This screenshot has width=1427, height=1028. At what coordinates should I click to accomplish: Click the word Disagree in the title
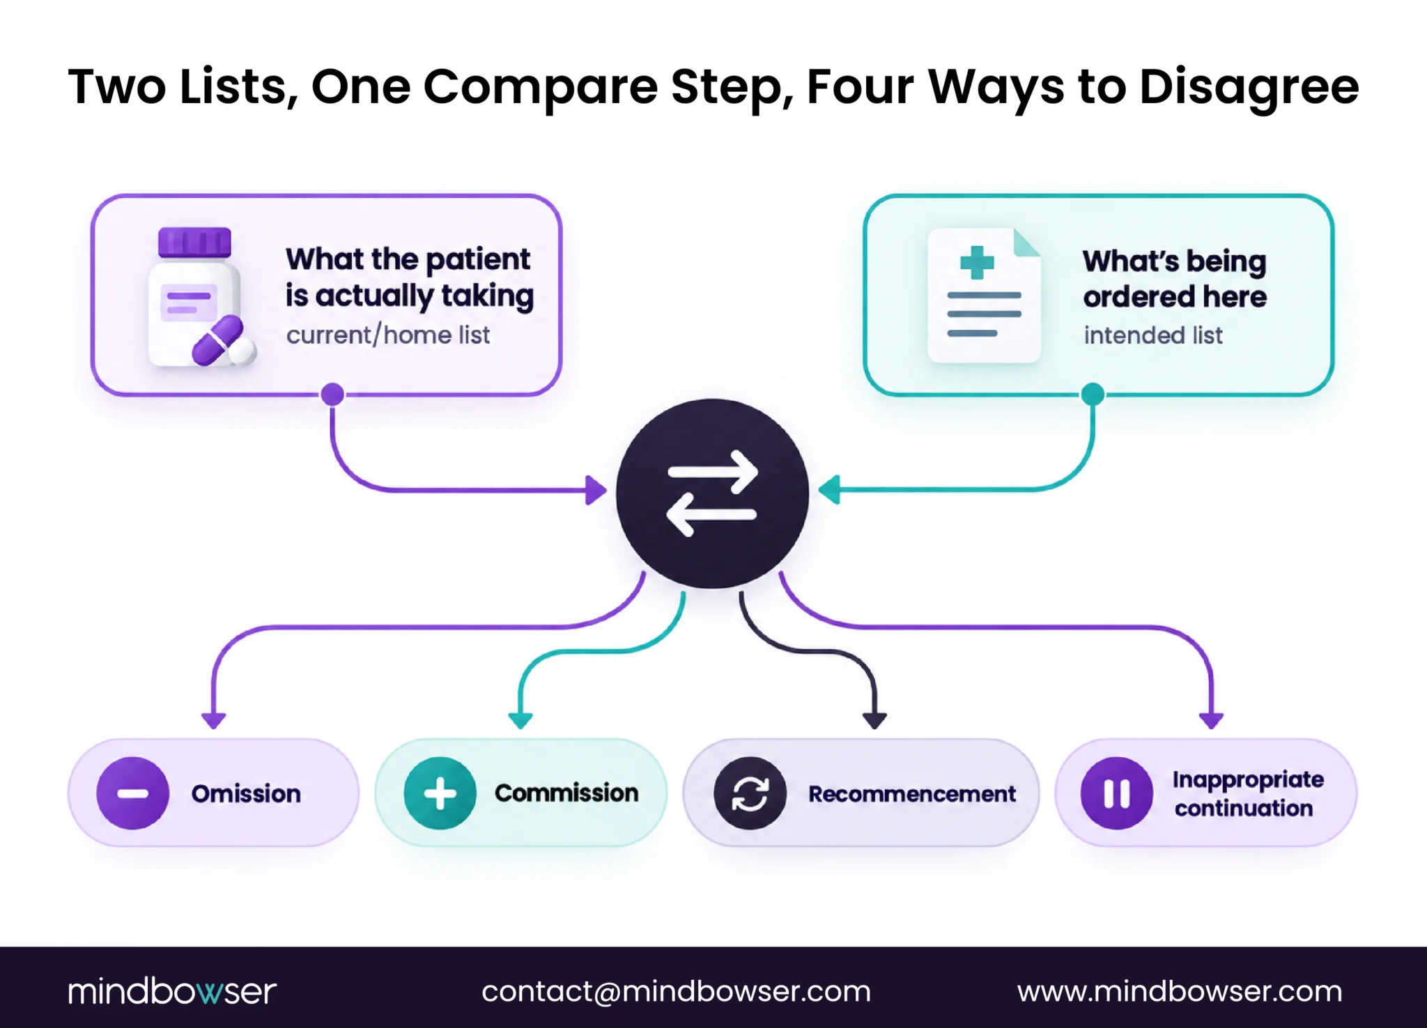click(1249, 88)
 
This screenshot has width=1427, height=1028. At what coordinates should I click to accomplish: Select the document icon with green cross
click(984, 295)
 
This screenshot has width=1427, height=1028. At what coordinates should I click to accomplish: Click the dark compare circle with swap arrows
click(712, 493)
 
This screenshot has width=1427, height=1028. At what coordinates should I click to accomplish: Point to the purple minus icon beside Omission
click(132, 793)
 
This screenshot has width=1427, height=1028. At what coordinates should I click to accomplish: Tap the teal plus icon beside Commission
click(440, 793)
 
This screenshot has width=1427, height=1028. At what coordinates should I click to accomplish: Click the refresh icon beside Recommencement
click(750, 793)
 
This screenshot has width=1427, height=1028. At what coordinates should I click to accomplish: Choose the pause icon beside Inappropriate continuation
click(1116, 793)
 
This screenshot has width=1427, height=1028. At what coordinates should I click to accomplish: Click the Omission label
click(246, 793)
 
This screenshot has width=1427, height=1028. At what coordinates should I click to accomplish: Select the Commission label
click(566, 793)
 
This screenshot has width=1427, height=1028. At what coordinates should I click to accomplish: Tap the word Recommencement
click(912, 793)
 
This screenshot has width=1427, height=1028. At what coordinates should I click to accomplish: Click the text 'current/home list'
click(388, 335)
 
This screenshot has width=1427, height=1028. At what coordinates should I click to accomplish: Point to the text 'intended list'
click(1153, 335)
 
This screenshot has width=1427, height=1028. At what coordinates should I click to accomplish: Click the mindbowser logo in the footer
click(172, 990)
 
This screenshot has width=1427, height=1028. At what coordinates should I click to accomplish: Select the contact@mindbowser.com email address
click(676, 991)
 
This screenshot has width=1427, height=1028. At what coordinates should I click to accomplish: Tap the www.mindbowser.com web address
click(1180, 991)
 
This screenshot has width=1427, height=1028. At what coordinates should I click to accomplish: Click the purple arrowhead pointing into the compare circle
click(596, 490)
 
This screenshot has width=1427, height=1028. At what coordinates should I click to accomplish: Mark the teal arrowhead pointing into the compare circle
click(828, 490)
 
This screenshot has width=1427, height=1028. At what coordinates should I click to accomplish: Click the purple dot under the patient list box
click(332, 394)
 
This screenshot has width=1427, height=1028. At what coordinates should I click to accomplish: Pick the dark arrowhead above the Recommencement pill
click(874, 721)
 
